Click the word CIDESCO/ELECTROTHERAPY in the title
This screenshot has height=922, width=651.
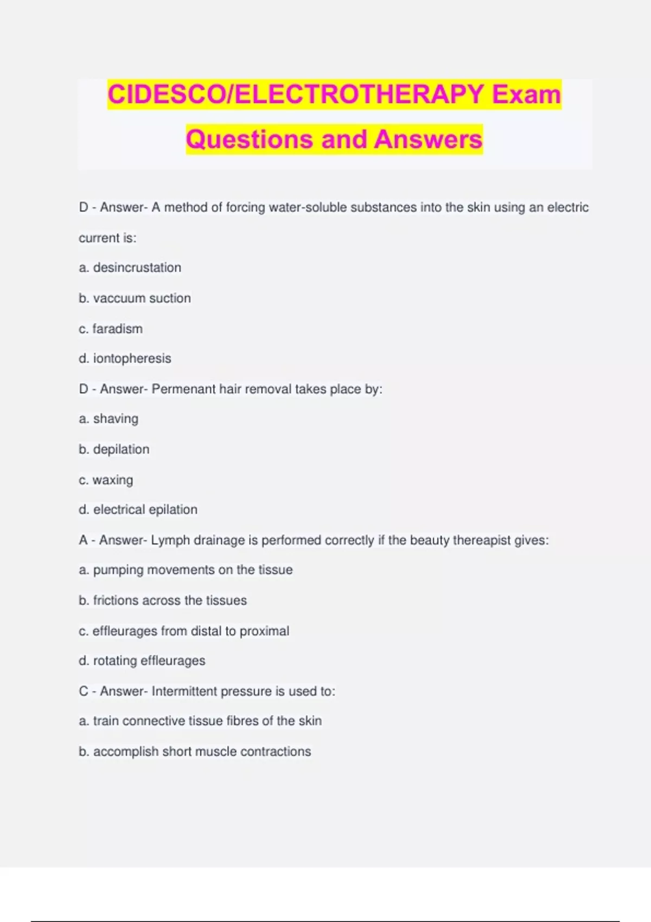pyautogui.click(x=296, y=94)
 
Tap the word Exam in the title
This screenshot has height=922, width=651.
pyautogui.click(x=526, y=94)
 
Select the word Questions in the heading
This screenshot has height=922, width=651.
pyautogui.click(x=250, y=139)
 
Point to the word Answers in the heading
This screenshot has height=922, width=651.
pyautogui.click(x=428, y=139)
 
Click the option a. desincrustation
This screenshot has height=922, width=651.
pyautogui.click(x=130, y=267)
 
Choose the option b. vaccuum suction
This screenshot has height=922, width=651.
pyautogui.click(x=135, y=298)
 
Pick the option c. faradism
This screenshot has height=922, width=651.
pyautogui.click(x=111, y=329)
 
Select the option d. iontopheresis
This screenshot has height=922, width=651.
pyautogui.click(x=125, y=358)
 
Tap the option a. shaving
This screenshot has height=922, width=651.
pyautogui.click(x=108, y=419)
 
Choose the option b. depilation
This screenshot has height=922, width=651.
pyautogui.click(x=114, y=449)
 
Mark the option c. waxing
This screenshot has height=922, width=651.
pyautogui.click(x=106, y=480)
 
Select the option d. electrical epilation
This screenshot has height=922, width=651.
pyautogui.click(x=138, y=510)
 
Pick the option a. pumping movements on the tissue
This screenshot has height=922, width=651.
pyautogui.click(x=186, y=570)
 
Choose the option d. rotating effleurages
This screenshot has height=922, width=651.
pyautogui.click(x=142, y=661)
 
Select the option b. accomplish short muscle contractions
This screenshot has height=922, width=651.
pyautogui.click(x=195, y=752)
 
